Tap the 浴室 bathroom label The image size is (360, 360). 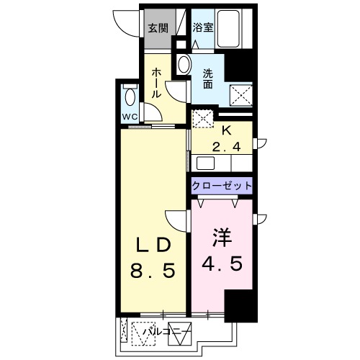[203, 29]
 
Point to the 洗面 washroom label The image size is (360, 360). [207, 78]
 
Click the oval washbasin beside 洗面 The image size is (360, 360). [182, 65]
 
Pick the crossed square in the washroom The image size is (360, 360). [239, 94]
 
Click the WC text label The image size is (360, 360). [130, 116]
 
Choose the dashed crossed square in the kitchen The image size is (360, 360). [202, 120]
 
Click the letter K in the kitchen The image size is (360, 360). [225, 131]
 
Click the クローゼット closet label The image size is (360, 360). [222, 186]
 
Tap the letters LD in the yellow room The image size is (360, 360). [153, 245]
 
